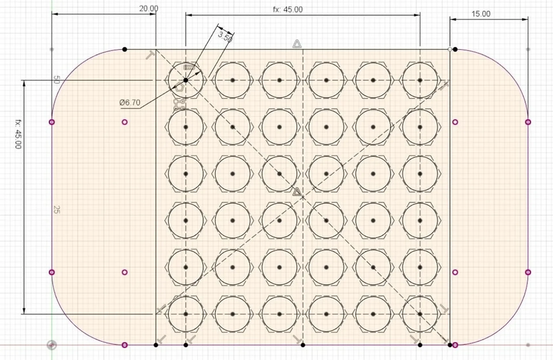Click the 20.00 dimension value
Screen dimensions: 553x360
(149, 9)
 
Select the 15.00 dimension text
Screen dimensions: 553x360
(481, 14)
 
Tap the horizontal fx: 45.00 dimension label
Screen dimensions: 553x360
(288, 9)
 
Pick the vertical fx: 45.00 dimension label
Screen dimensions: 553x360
(18, 134)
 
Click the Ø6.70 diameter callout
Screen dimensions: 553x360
(130, 102)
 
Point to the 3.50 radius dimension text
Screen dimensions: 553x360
(225, 37)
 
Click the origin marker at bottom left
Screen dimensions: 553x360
(52, 345)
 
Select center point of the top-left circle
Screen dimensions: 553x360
(186, 80)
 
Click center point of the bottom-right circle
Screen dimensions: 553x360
(420, 314)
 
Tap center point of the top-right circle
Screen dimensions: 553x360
(420, 80)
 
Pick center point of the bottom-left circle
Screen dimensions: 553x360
(186, 314)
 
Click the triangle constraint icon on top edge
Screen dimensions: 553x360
(297, 44)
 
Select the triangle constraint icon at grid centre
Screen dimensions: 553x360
(297, 192)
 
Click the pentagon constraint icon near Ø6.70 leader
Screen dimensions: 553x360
(179, 87)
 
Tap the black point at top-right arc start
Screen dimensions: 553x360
(455, 49)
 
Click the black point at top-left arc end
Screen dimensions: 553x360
(125, 49)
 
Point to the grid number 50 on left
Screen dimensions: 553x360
(56, 80)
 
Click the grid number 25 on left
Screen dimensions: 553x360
(56, 209)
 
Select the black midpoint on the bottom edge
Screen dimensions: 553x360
(303, 345)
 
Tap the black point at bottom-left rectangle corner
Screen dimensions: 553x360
(156, 345)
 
